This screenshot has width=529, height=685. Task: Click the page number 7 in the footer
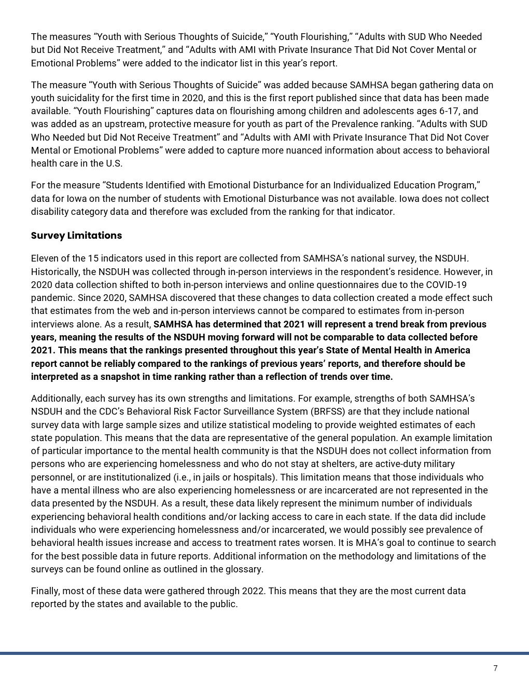click(495, 668)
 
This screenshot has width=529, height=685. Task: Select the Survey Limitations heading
click(76, 235)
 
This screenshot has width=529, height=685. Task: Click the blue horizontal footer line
click(264, 653)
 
